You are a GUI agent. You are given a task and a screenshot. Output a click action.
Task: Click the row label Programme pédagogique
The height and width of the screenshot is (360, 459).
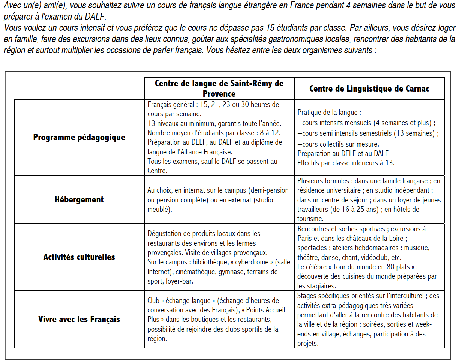click(x=79, y=137)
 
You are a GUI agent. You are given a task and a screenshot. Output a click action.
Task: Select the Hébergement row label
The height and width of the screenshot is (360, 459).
click(x=79, y=199)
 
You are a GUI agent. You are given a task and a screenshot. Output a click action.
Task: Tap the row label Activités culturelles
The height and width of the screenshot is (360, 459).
click(x=79, y=257)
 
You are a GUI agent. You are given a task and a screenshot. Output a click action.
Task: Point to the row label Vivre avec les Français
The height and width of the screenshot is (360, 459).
click(x=79, y=319)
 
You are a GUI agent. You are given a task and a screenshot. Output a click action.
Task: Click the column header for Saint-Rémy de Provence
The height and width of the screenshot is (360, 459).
click(x=219, y=88)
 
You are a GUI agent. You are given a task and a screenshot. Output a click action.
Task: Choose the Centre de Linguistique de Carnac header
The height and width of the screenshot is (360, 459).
click(x=369, y=88)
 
